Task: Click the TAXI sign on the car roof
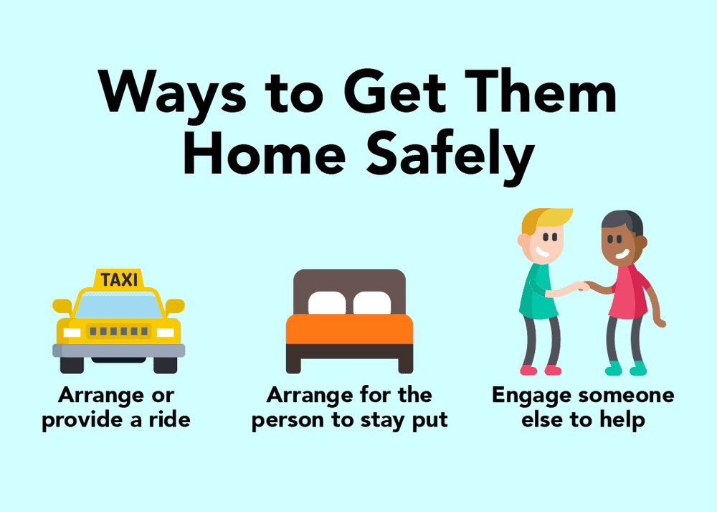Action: point(119,279)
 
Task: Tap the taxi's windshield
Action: point(119,304)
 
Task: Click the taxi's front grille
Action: point(119,331)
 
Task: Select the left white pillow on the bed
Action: point(327,303)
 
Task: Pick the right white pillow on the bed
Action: point(372,303)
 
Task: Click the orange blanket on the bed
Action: point(350,329)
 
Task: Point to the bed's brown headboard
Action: point(350,284)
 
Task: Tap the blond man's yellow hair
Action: point(546,219)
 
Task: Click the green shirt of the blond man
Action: point(538,292)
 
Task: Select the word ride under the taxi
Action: point(170,419)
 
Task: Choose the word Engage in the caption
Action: point(531,396)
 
